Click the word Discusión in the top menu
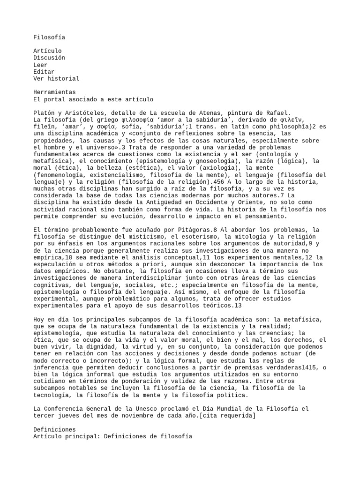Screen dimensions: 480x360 (49, 57)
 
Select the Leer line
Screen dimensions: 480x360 (40, 64)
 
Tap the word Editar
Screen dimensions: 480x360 (44, 71)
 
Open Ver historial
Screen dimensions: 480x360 (56, 78)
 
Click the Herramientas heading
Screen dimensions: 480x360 (54, 92)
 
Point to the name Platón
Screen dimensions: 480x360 (45, 113)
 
